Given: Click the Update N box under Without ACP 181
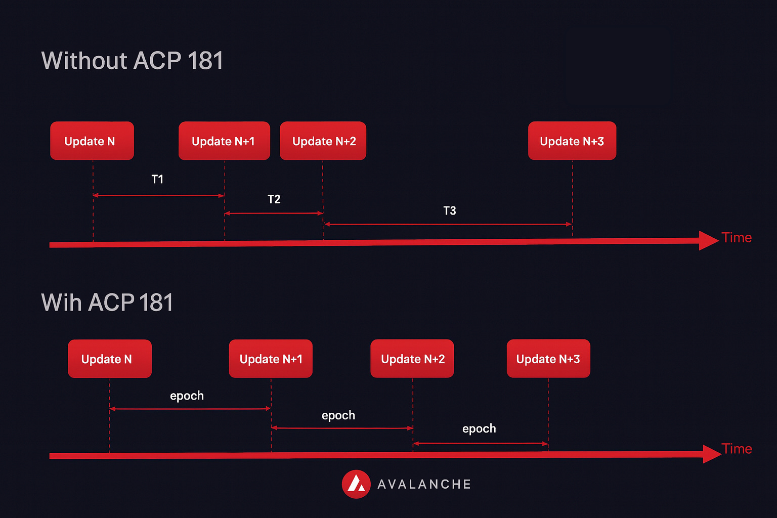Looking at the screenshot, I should click(x=92, y=141).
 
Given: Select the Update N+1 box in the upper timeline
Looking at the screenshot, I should click(x=224, y=141).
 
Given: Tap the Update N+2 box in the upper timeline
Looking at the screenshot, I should click(x=323, y=141).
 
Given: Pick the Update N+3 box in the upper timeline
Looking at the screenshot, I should click(x=572, y=141).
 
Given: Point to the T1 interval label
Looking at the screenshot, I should click(x=157, y=179).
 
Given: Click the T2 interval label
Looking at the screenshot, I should click(x=274, y=199).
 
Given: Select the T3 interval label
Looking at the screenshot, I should click(x=449, y=210).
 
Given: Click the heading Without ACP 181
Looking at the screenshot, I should click(x=132, y=61).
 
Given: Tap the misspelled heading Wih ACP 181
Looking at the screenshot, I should click(x=107, y=303).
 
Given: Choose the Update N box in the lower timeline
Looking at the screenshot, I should click(x=109, y=359).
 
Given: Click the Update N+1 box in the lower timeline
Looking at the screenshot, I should click(x=271, y=359).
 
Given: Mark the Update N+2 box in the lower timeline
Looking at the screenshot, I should click(x=412, y=359).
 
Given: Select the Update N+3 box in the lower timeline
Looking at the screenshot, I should click(x=548, y=359).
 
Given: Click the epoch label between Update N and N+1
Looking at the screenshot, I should click(x=187, y=396).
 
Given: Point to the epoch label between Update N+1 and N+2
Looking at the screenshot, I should click(x=338, y=415).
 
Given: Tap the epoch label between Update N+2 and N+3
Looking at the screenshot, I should click(x=479, y=428).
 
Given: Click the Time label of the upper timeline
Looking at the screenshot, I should click(x=737, y=238).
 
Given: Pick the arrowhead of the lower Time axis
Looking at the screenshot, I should click(x=711, y=454).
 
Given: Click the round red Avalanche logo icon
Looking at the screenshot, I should click(x=356, y=484).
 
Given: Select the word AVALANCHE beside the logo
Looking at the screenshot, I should click(x=424, y=485).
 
